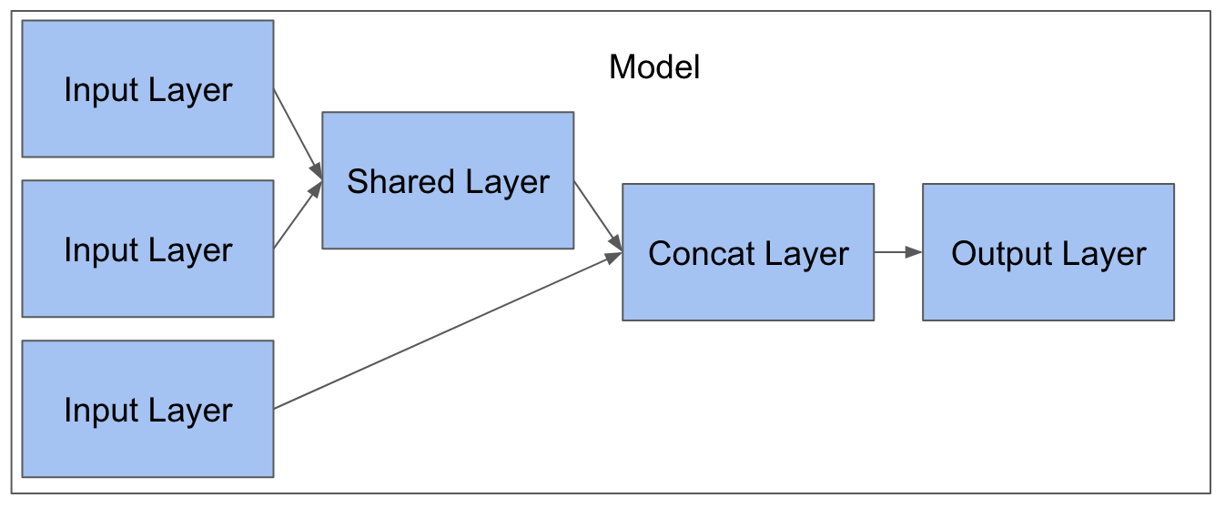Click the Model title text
pyautogui.click(x=654, y=66)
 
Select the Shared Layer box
pyautogui.click(x=448, y=180)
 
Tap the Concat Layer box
pyautogui.click(x=748, y=252)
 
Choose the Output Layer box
pyautogui.click(x=1048, y=252)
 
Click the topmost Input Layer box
pyautogui.click(x=147, y=88)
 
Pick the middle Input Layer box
pyautogui.click(x=147, y=249)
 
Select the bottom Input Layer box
pyautogui.click(x=147, y=409)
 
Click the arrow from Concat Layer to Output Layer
pyautogui.click(x=898, y=252)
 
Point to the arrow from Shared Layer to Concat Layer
pyautogui.click(x=598, y=217)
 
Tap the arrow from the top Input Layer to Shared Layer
pyautogui.click(x=298, y=135)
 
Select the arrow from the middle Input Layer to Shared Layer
pyautogui.click(x=298, y=215)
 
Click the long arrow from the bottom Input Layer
pyautogui.click(x=448, y=330)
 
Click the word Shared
pyautogui.click(x=400, y=181)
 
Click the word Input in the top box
pyautogui.click(x=101, y=91)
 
